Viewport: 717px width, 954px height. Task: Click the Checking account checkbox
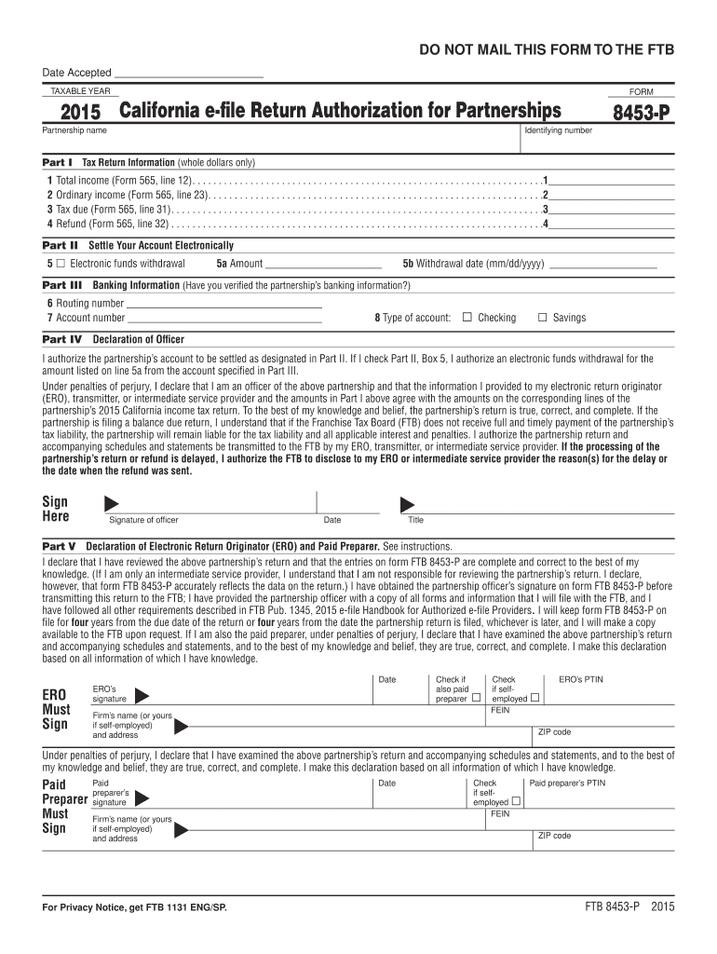[x=467, y=318]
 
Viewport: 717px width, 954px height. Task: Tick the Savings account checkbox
[x=543, y=318]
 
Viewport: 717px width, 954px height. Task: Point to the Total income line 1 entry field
[x=611, y=180]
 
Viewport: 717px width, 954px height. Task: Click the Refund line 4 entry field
[x=611, y=225]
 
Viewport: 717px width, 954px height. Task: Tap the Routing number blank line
[x=223, y=304]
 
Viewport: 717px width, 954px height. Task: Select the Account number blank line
[x=223, y=319]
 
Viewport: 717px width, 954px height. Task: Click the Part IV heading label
[x=62, y=339]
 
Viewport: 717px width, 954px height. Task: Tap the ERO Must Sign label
[x=56, y=710]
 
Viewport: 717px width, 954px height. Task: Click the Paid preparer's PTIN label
[x=567, y=784]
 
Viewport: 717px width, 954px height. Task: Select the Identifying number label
[x=558, y=130]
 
